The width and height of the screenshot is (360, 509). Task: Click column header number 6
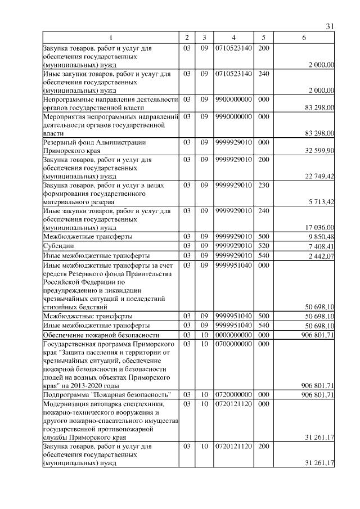coord(304,37)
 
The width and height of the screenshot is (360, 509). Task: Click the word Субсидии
coord(57,246)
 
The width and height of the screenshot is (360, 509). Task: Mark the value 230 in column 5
coord(263,184)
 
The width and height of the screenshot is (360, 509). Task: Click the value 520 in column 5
coord(263,246)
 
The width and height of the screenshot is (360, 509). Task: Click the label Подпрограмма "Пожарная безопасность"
coord(107,395)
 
